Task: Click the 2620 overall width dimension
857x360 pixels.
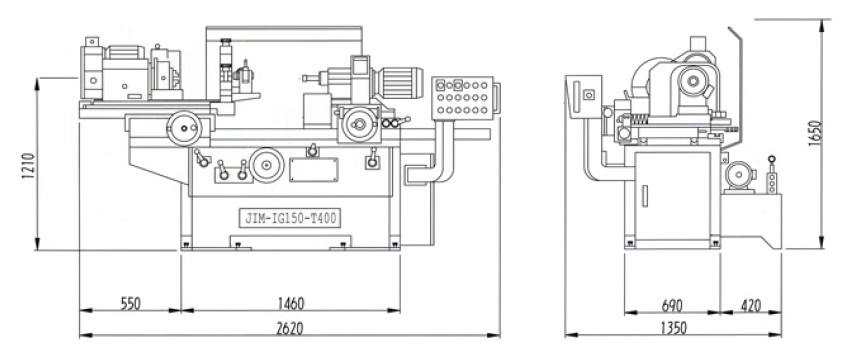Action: tap(290, 328)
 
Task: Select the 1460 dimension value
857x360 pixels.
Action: tap(291, 303)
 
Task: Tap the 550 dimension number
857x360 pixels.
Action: tap(130, 303)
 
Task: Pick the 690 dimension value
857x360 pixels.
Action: tap(672, 305)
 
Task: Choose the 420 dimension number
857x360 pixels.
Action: tap(750, 305)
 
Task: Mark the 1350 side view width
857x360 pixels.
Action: tap(673, 328)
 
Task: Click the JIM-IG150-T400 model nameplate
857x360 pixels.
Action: tap(290, 219)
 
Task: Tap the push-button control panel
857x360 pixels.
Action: tap(463, 98)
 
